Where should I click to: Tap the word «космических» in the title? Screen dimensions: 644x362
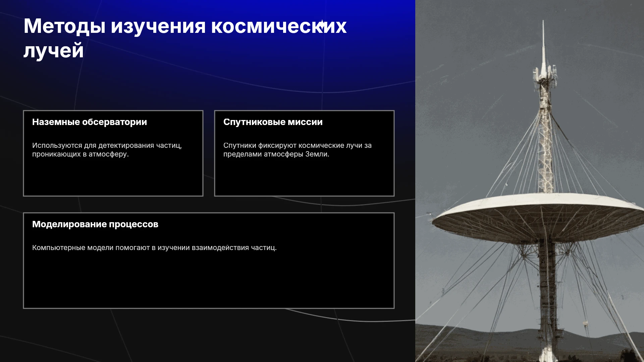pyautogui.click(x=279, y=26)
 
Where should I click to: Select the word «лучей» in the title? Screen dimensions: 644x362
pyautogui.click(x=54, y=51)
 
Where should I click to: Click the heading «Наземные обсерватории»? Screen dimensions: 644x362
pyautogui.click(x=90, y=122)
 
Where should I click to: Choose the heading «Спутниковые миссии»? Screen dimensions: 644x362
pyautogui.click(x=273, y=122)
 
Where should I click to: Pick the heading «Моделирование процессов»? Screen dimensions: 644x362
pyautogui.click(x=95, y=224)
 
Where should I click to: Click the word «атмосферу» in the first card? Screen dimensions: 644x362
pyautogui.click(x=109, y=154)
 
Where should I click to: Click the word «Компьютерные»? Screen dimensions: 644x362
pyautogui.click(x=59, y=248)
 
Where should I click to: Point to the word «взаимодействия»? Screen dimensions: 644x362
pyautogui.click(x=220, y=248)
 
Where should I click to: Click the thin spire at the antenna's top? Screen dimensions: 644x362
pyautogui.click(x=543, y=44)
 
